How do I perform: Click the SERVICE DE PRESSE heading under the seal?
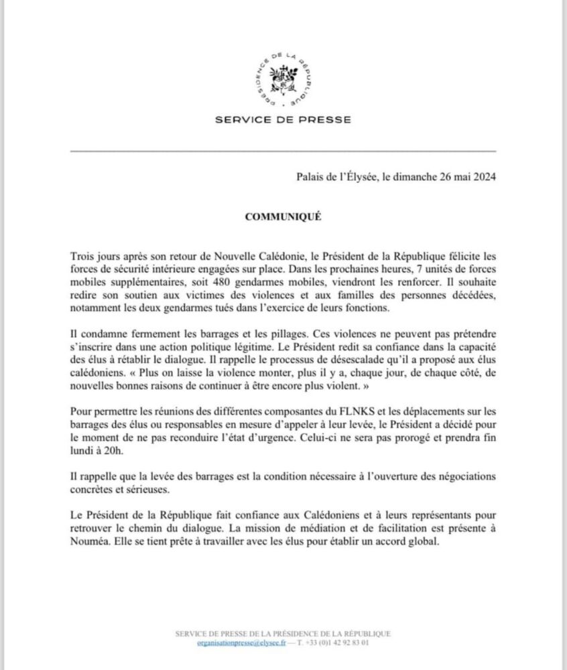(283, 121)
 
